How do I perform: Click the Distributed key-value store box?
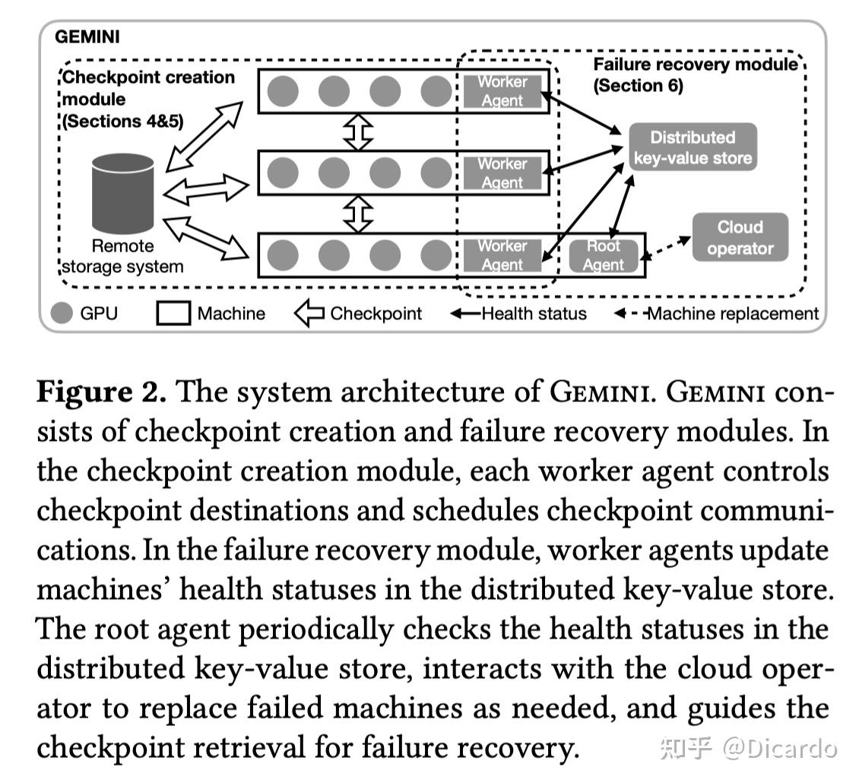pos(693,147)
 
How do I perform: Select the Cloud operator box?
pos(740,237)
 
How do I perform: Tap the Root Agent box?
pos(603,255)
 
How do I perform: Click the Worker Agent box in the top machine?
pos(502,91)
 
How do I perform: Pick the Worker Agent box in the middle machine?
pos(502,173)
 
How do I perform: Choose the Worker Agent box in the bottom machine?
pos(502,255)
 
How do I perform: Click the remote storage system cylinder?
pos(122,193)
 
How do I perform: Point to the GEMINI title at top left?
pos(87,36)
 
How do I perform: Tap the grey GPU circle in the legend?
pos(62,313)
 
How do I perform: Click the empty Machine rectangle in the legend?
pos(173,313)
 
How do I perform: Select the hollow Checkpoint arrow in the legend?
pos(309,313)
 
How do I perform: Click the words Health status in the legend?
pos(534,313)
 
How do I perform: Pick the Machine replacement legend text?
pos(733,313)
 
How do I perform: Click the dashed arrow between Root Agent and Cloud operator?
pos(666,247)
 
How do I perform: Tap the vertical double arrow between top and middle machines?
pos(358,132)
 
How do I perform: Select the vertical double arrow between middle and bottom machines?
pos(358,214)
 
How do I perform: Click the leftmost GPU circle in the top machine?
pos(283,91)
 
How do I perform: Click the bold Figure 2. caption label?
pos(102,392)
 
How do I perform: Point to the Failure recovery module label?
pos(696,64)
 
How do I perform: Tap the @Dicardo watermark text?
pos(780,749)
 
